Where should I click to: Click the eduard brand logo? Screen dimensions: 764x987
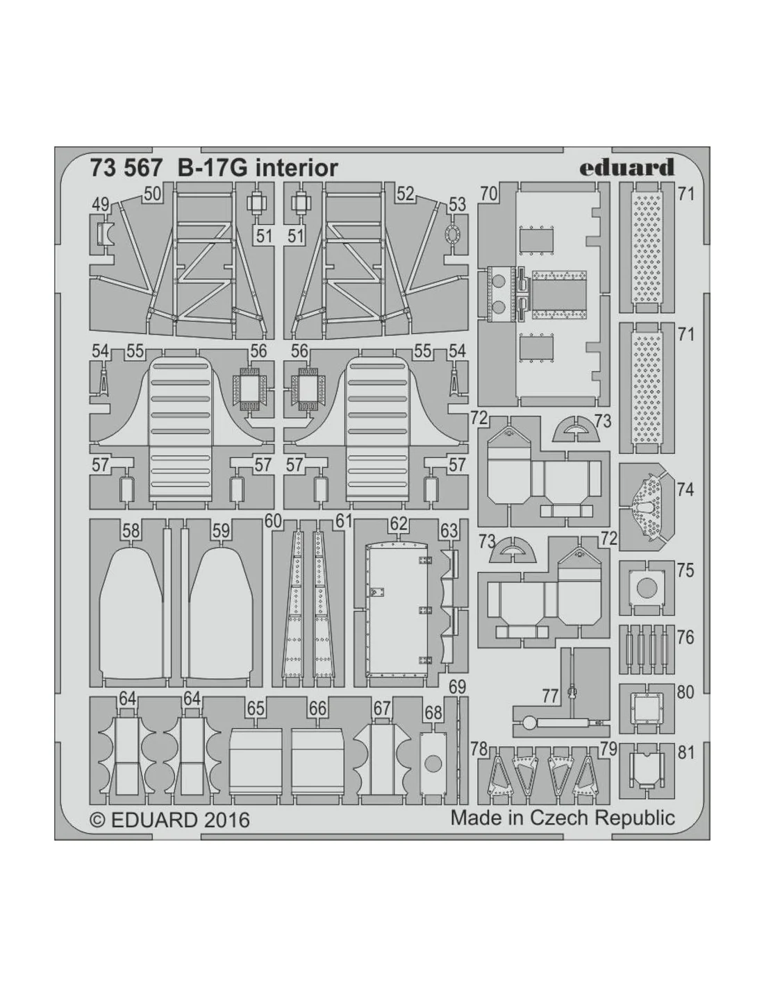tap(627, 167)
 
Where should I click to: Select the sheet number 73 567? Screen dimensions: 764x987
tap(126, 169)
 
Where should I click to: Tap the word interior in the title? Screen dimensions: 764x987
tap(297, 169)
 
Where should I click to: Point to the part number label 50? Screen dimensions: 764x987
tap(153, 194)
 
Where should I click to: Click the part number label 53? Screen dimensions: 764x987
tap(457, 204)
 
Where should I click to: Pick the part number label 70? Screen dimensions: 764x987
tap(488, 194)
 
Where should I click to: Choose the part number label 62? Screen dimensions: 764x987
tap(398, 524)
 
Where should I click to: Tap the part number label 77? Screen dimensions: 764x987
tap(550, 695)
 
